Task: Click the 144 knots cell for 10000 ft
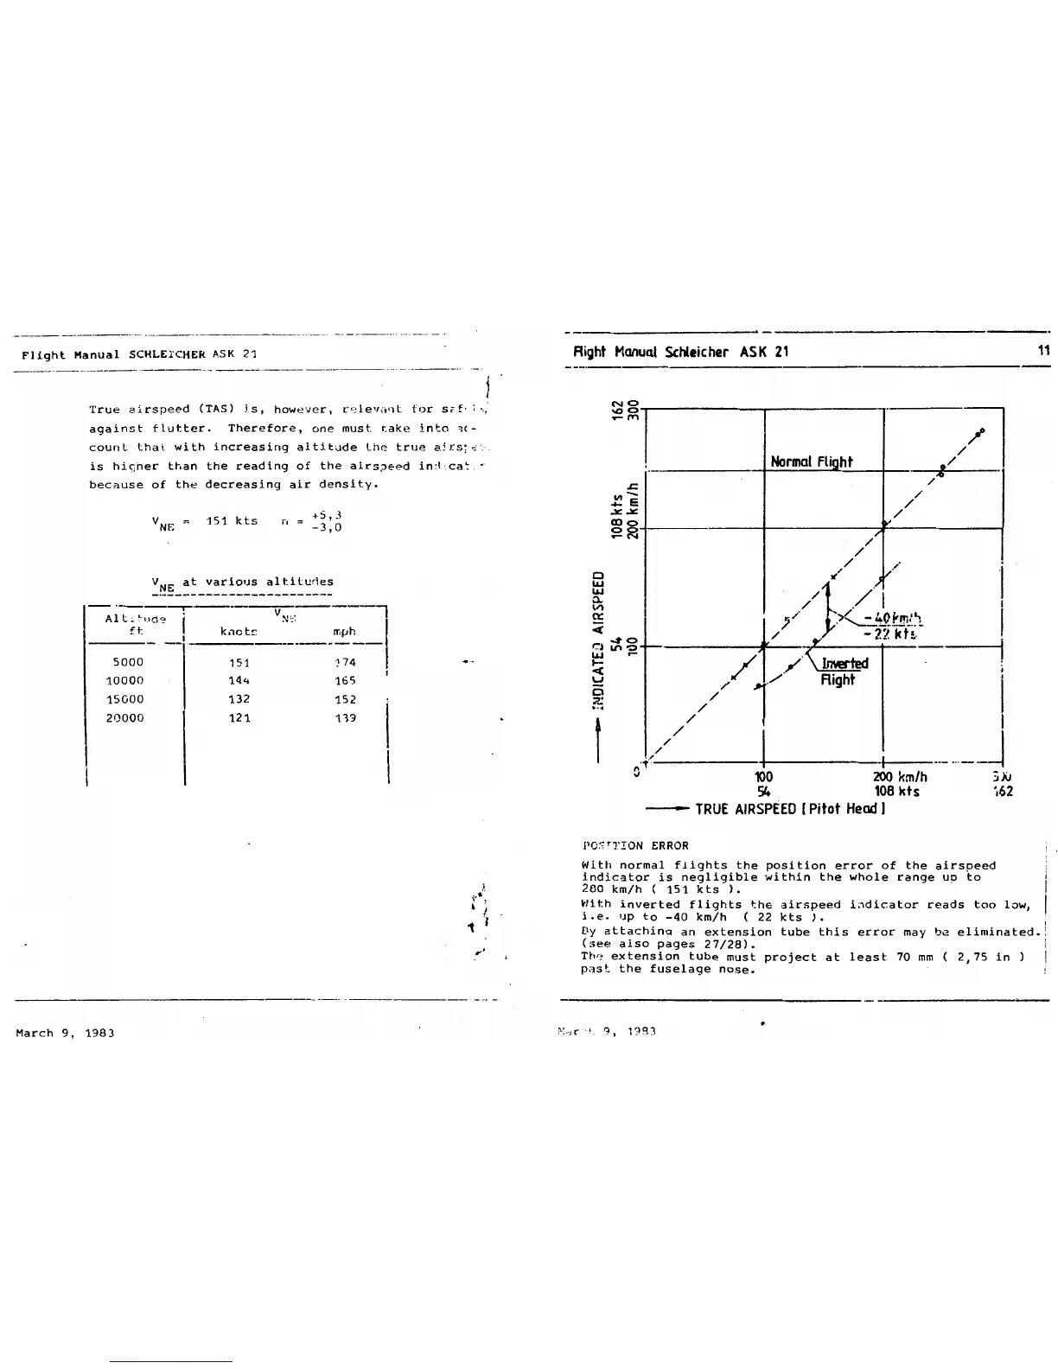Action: tap(239, 681)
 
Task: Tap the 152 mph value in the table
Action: tap(345, 699)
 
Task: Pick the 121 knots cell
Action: tap(239, 718)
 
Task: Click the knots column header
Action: tap(239, 632)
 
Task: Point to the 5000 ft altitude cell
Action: tap(128, 662)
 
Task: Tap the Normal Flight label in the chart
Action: tap(811, 462)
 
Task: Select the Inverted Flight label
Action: tap(838, 672)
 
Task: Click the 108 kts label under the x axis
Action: tap(896, 792)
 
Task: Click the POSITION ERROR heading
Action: tap(635, 845)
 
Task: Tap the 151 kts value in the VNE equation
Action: tap(232, 520)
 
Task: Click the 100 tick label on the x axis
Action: tap(763, 777)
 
